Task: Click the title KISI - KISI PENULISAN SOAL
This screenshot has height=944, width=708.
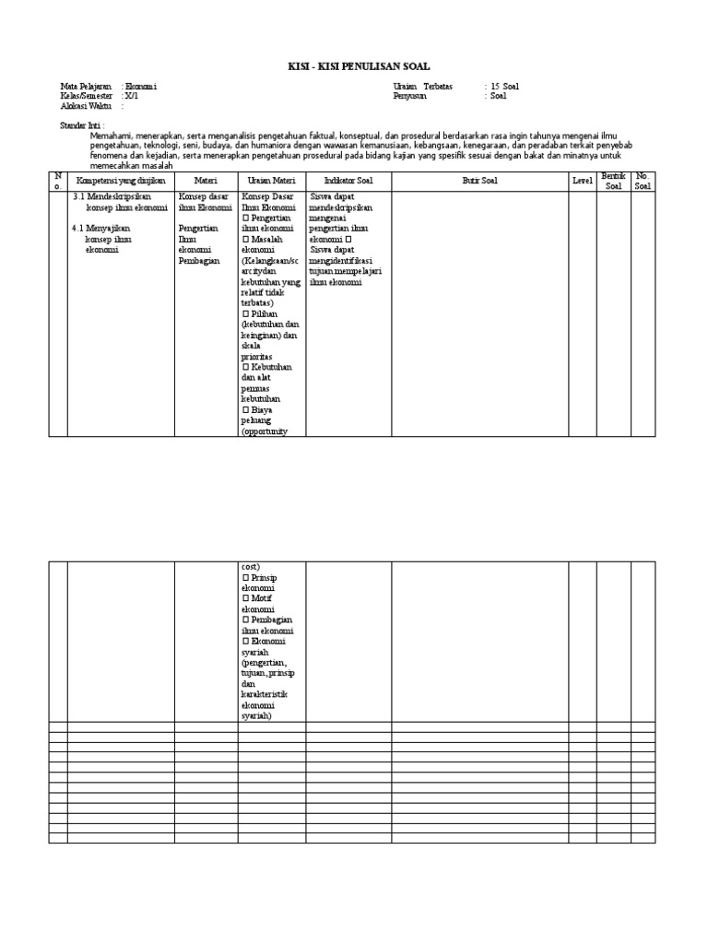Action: click(x=354, y=65)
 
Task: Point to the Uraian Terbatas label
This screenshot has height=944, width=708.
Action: click(x=423, y=87)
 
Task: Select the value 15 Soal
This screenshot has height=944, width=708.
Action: click(x=505, y=87)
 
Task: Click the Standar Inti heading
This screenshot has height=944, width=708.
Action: click(x=82, y=124)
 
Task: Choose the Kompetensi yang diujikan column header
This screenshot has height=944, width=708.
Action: click(x=121, y=181)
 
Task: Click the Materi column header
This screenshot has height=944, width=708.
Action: click(x=206, y=181)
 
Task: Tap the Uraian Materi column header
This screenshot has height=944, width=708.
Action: click(x=271, y=181)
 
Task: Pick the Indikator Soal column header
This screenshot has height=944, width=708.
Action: click(x=348, y=181)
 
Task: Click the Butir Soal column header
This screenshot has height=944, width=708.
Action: click(x=479, y=181)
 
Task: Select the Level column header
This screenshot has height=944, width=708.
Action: click(x=582, y=181)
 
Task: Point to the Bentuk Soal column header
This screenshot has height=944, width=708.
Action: click(x=613, y=180)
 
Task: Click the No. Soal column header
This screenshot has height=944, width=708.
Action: click(x=643, y=180)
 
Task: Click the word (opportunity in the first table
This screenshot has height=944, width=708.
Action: click(x=265, y=431)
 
